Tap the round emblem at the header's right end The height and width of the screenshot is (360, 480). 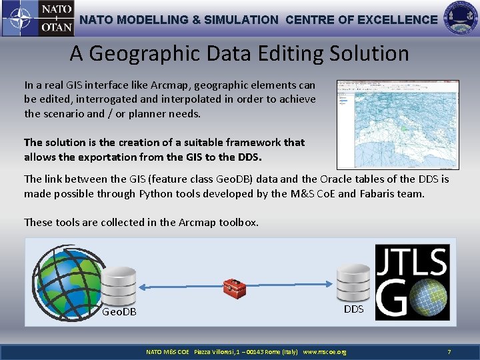[460, 18]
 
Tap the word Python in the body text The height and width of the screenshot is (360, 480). [155, 193]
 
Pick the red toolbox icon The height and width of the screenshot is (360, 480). [234, 287]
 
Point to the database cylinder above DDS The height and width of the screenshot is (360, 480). [353, 283]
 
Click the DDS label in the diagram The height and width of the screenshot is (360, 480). [353, 309]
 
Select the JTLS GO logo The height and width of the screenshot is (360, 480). [412, 282]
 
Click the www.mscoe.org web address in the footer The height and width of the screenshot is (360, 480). [325, 351]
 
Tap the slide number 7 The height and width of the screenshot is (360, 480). [449, 351]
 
